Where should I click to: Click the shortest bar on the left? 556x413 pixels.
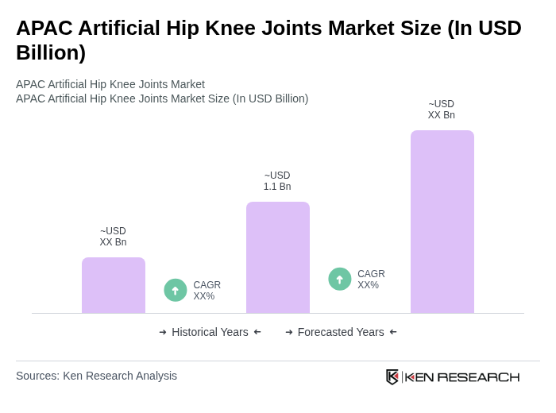[114, 285]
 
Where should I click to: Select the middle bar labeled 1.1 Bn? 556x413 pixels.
[278, 257]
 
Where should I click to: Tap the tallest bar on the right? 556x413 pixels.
[442, 222]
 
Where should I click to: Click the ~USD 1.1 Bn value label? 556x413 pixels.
[277, 181]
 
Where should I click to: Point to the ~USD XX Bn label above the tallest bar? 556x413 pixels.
[442, 110]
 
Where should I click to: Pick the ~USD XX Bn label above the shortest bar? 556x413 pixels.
[113, 237]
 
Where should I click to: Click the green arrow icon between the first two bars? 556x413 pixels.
[176, 290]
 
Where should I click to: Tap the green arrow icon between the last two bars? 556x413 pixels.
[340, 279]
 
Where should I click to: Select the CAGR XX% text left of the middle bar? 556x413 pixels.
[207, 291]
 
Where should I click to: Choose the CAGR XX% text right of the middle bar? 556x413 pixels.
[371, 280]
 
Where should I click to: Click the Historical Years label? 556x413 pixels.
[210, 332]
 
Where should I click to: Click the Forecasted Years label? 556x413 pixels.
[341, 332]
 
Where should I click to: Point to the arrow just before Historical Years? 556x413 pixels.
[163, 332]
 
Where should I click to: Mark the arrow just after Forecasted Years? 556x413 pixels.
[393, 332]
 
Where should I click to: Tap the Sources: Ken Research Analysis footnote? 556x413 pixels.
[96, 376]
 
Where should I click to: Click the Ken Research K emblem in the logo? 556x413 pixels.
[392, 376]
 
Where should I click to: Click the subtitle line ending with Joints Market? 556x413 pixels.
[110, 84]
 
